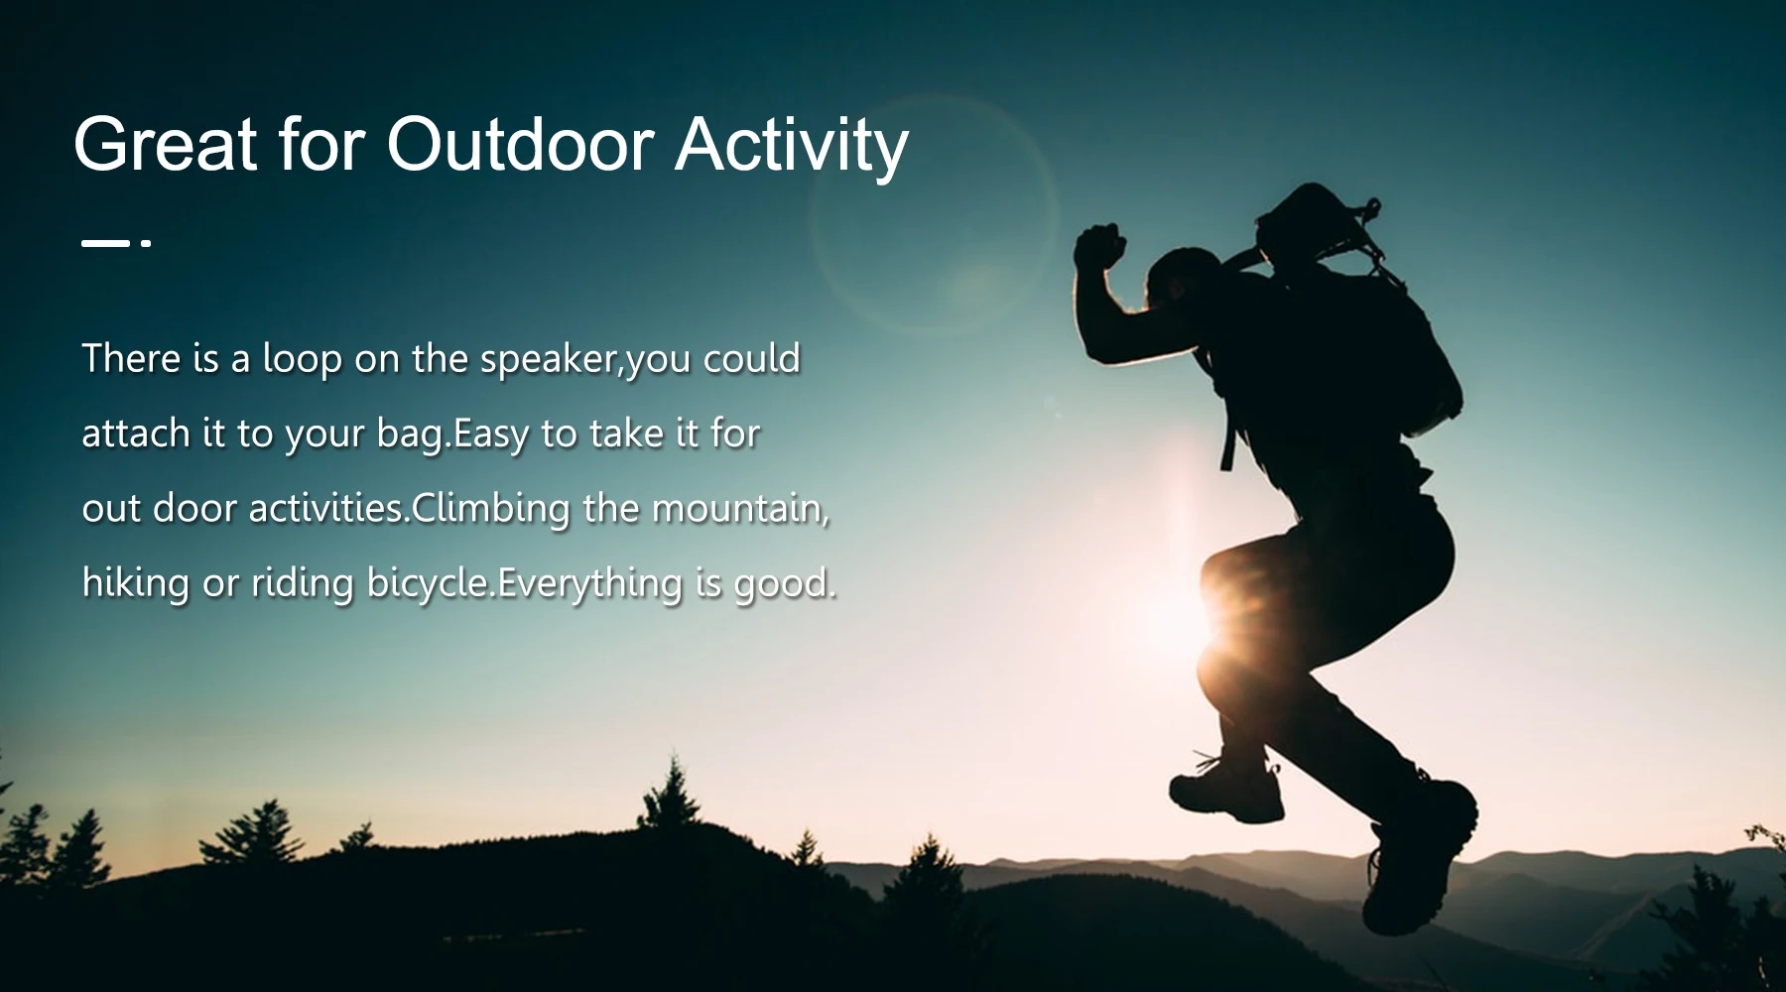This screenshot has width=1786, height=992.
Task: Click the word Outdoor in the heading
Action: tap(520, 145)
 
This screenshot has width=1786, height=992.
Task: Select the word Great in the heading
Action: tap(166, 145)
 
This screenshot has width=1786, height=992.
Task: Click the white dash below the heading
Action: tap(105, 242)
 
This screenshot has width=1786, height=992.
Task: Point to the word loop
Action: tap(302, 360)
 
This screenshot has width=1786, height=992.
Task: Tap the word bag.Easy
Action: tap(452, 435)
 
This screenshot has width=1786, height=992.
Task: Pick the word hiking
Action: tap(135, 583)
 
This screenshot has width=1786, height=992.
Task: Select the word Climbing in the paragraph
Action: tap(491, 510)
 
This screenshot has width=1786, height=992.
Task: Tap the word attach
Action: tap(136, 434)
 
